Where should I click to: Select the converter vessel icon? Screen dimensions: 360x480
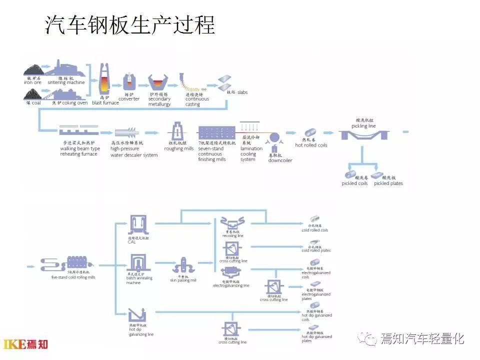point(129,81)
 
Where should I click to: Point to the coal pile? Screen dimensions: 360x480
point(33,93)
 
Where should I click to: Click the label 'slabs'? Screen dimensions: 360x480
point(242,92)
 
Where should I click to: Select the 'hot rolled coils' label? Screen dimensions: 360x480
point(311,145)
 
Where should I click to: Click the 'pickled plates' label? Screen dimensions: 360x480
point(388,183)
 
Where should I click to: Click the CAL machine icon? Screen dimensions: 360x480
point(139,225)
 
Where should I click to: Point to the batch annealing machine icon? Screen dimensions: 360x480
point(138,263)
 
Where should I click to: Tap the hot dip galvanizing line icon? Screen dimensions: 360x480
point(137,314)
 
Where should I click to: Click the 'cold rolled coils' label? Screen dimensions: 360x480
point(315,230)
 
